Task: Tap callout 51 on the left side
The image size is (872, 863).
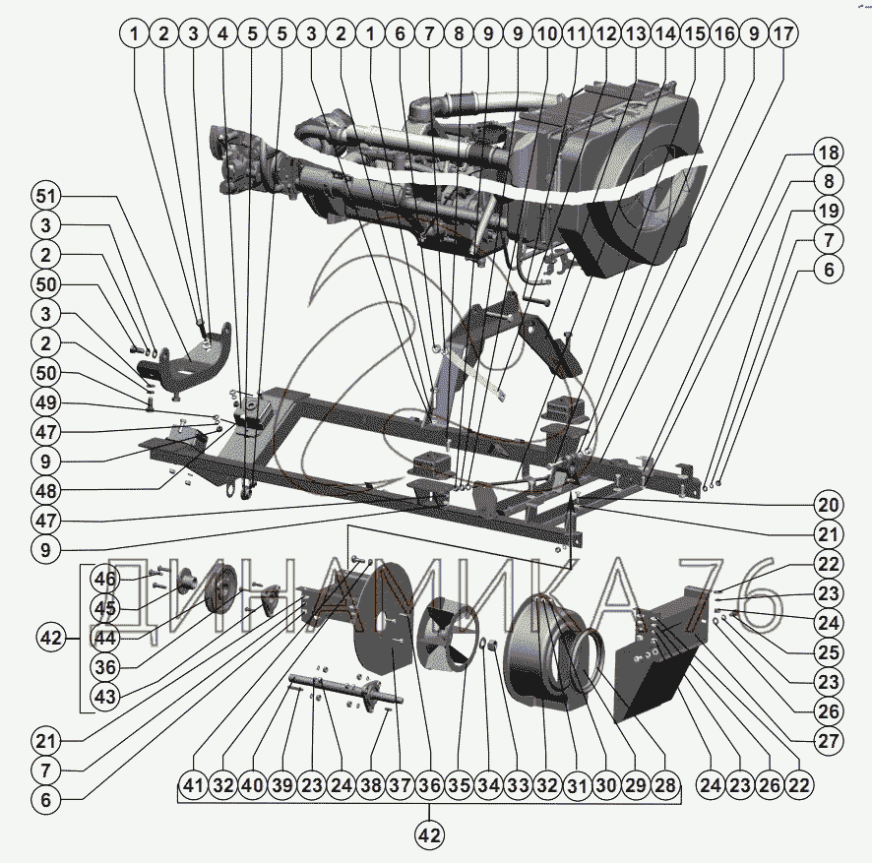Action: tap(45, 194)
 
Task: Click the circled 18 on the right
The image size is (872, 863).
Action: tap(828, 153)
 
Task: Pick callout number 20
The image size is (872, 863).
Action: tap(828, 506)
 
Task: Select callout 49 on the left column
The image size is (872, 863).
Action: tap(45, 401)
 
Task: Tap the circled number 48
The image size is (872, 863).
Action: tap(45, 489)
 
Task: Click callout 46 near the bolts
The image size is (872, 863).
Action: tap(105, 579)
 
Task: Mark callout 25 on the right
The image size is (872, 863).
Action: tap(828, 651)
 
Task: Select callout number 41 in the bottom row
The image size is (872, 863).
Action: tap(194, 786)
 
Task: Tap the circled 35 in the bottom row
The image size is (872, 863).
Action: tap(458, 786)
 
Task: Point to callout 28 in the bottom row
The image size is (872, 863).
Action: tap(664, 786)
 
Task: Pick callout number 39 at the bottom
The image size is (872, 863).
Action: tap(282, 786)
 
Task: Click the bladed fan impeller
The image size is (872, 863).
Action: tap(447, 629)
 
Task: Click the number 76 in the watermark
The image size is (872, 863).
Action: tap(720, 591)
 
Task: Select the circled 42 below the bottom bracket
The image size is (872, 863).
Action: tap(429, 835)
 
